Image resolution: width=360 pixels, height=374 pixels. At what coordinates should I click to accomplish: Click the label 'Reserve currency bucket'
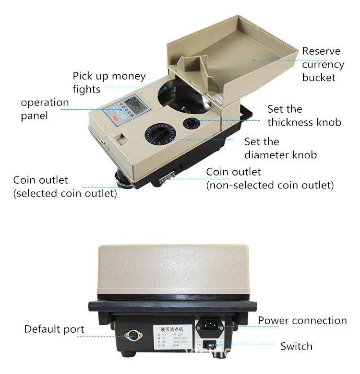point(323,64)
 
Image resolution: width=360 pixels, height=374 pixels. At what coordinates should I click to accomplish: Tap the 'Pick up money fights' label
point(102,82)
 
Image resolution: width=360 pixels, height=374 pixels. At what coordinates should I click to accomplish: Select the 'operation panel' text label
point(45,109)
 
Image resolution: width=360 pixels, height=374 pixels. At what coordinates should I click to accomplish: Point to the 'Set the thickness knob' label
point(304,116)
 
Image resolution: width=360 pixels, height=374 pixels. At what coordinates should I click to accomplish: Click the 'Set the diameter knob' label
point(280,148)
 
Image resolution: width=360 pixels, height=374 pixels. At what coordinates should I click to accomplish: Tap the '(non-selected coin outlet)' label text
point(270,185)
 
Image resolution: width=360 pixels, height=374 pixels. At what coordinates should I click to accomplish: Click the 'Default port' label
point(54,329)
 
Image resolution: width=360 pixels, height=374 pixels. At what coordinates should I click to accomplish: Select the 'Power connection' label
point(302,320)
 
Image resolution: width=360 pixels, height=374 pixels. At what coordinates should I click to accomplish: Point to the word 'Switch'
point(296,346)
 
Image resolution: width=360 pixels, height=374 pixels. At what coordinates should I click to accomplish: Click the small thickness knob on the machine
point(192,123)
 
